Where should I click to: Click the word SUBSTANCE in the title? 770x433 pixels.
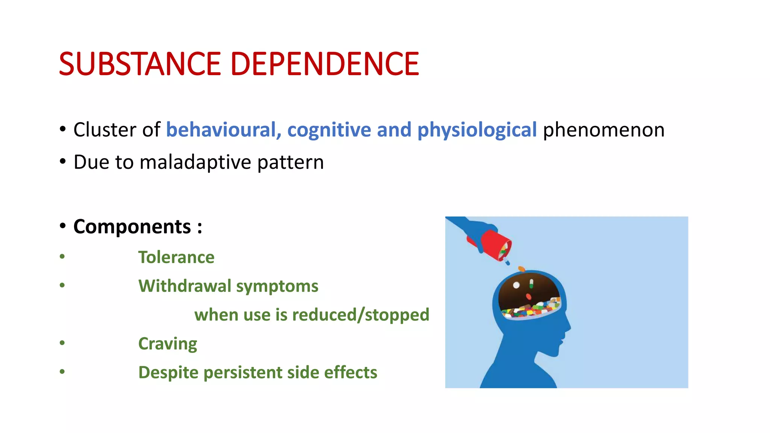(139, 64)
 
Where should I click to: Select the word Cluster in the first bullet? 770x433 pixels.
(105, 130)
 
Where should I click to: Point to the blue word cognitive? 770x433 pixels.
(329, 130)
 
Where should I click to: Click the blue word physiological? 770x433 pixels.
(477, 130)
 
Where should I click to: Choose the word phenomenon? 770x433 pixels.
(604, 130)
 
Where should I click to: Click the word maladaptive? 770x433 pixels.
(195, 162)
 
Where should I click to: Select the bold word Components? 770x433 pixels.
(132, 227)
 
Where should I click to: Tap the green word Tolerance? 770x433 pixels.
(176, 257)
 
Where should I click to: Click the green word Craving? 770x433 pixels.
(168, 344)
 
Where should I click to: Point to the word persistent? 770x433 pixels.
(243, 372)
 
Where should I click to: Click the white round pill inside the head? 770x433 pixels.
(516, 285)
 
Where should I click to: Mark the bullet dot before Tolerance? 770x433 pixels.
(62, 257)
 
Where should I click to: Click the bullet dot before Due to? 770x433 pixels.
(62, 162)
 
